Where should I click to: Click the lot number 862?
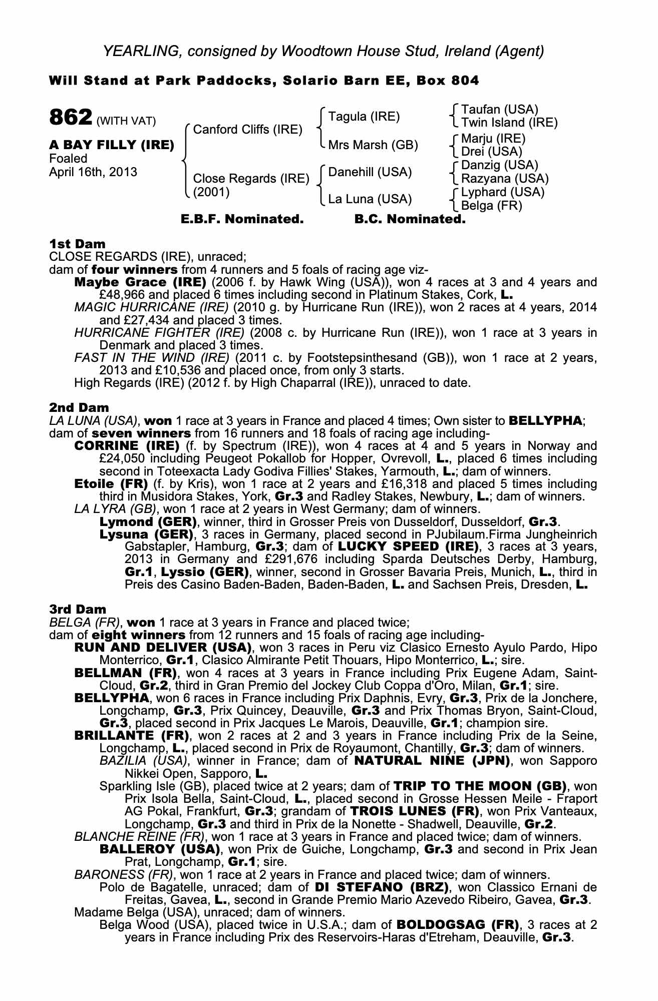pyautogui.click(x=71, y=118)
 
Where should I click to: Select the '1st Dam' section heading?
pyautogui.click(x=78, y=244)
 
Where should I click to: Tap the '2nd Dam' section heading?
pyautogui.click(x=79, y=408)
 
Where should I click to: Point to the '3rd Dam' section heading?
pyautogui.click(x=78, y=609)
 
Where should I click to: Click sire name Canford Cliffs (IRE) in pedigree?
pyautogui.click(x=247, y=130)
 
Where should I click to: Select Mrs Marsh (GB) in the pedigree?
pyautogui.click(x=373, y=145)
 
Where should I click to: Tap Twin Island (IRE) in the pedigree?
pyautogui.click(x=509, y=123)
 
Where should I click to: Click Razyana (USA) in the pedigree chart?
pyautogui.click(x=505, y=179)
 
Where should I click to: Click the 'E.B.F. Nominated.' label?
pyautogui.click(x=242, y=219)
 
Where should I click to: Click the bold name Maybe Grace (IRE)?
pyautogui.click(x=140, y=282)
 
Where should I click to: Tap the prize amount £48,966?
pyautogui.click(x=120, y=295)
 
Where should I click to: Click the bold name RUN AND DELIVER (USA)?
pyautogui.click(x=162, y=648)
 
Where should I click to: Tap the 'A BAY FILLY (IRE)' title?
pyautogui.click(x=112, y=146)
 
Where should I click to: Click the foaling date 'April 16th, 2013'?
pyautogui.click(x=93, y=172)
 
